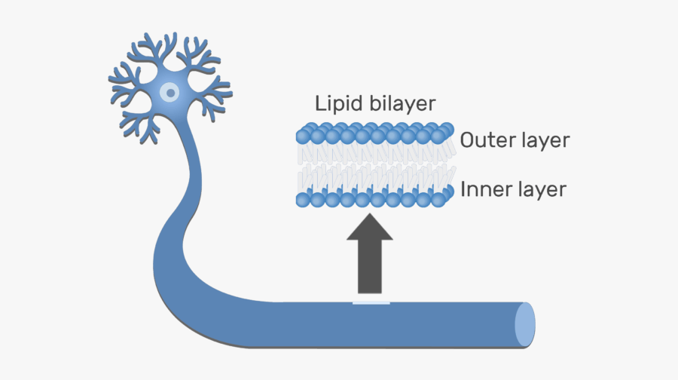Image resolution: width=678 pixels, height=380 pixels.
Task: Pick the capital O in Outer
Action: pyautogui.click(x=468, y=140)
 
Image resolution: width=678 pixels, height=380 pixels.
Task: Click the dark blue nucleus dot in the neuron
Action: pyautogui.click(x=171, y=93)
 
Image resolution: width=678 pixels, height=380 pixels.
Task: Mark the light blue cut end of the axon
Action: pyautogui.click(x=524, y=325)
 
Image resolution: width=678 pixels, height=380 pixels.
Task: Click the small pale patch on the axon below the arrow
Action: pyautogui.click(x=371, y=303)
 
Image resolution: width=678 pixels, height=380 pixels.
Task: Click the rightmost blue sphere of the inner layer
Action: pyautogui.click(x=447, y=192)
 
